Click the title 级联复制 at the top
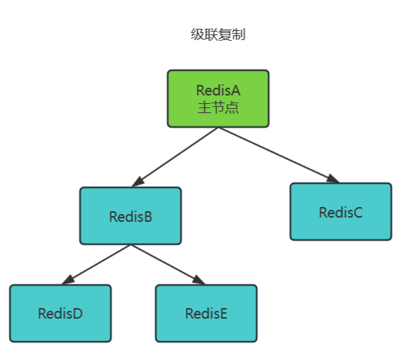coord(218,35)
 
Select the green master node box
coord(218,98)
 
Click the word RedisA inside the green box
coord(218,91)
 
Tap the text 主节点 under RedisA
coord(218,107)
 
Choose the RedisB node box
coord(130,215)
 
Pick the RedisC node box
coord(341,212)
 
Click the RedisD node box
coord(60,313)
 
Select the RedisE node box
coord(206,313)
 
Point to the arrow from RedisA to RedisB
coord(175,157)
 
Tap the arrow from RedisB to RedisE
coord(167,265)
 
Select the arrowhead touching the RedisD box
coord(67,281)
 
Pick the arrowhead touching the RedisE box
coord(198,281)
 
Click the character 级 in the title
coord(197,35)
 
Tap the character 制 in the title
coord(239,35)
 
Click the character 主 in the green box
coord(204,107)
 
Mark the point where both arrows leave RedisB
coord(130,245)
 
